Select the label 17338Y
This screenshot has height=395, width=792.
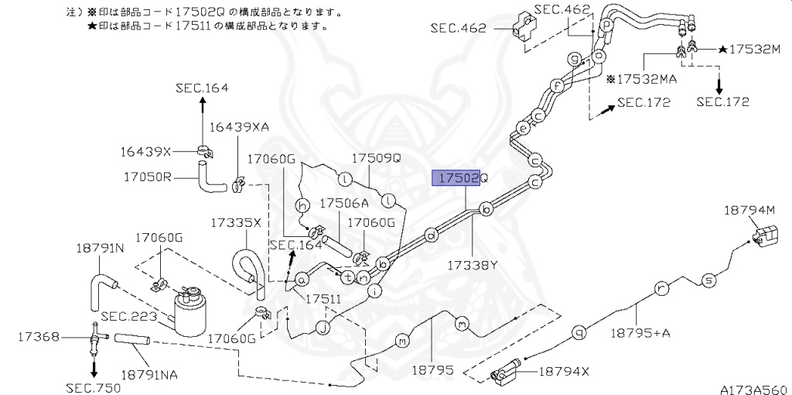pyautogui.click(x=473, y=265)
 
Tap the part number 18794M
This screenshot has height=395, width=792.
pyautogui.click(x=749, y=210)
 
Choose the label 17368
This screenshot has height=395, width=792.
pyautogui.click(x=37, y=337)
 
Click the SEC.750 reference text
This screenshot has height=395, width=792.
pyautogui.click(x=91, y=386)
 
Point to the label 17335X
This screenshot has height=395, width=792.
pyautogui.click(x=236, y=222)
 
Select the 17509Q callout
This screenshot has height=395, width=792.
pyautogui.click(x=377, y=157)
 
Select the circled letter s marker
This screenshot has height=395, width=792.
pyautogui.click(x=706, y=280)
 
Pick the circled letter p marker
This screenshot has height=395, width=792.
pyautogui.click(x=607, y=24)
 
